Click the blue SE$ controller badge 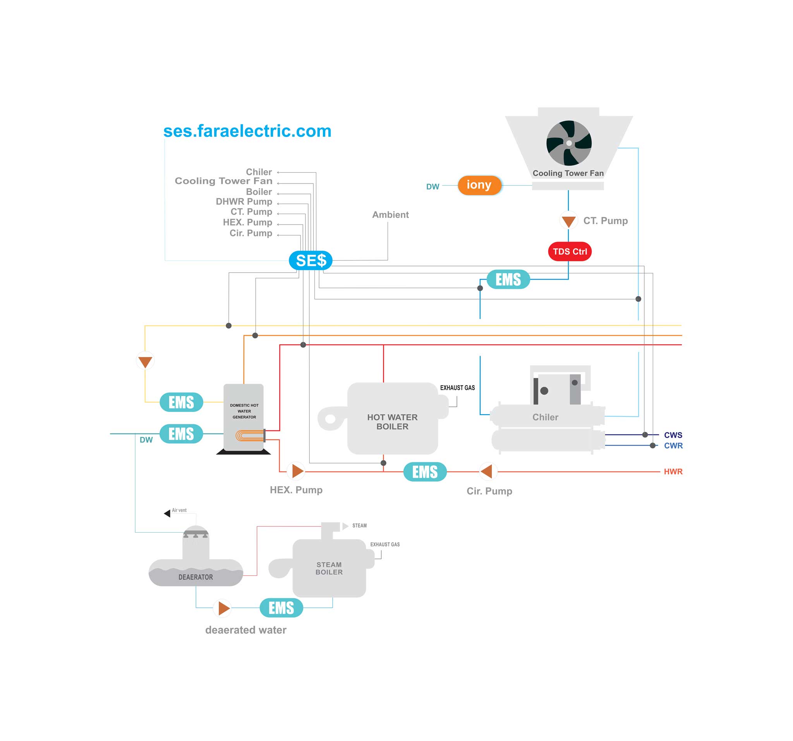point(310,261)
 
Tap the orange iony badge point(479,185)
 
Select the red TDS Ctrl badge point(570,252)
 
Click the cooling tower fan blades point(569,143)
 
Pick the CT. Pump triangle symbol point(568,221)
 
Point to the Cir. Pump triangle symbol point(487,472)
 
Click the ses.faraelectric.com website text point(247,131)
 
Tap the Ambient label point(390,215)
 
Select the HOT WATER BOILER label point(392,422)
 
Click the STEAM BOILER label point(329,568)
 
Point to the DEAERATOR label point(196,577)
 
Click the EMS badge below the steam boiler point(281,608)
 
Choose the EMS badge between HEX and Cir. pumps point(425,472)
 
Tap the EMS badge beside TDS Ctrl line point(508,279)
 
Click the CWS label point(673,435)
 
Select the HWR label point(673,472)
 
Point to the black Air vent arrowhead point(167,513)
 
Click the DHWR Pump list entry point(244,201)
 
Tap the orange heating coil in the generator point(250,436)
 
